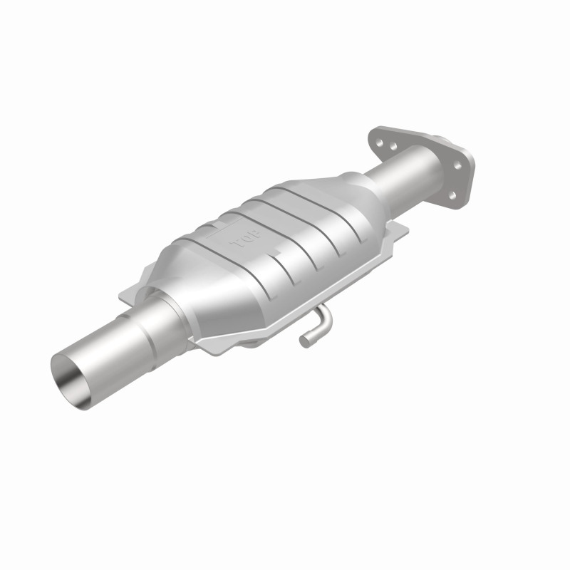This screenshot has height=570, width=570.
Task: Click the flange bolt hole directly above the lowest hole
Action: coord(458,165)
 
